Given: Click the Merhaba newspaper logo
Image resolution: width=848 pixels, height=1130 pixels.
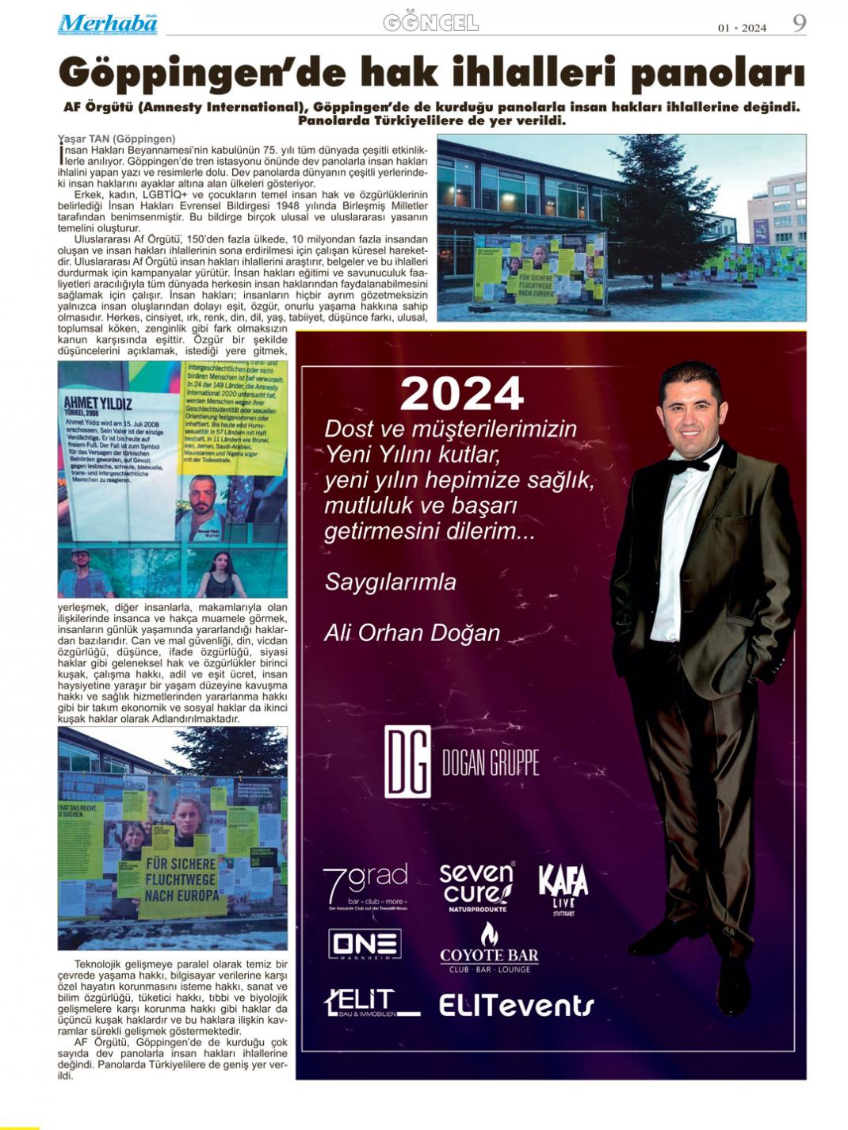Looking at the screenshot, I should (x=107, y=24).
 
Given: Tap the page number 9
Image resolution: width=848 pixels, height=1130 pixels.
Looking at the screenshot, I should (x=800, y=24).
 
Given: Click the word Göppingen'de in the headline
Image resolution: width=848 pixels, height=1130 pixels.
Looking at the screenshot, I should (x=202, y=74).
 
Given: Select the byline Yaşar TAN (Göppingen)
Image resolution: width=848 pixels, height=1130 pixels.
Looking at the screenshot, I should (x=117, y=139).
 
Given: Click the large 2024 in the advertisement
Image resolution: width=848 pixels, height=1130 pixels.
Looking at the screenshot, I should (x=461, y=394).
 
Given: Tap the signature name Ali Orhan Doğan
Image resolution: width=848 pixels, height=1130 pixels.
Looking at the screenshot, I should (x=412, y=633).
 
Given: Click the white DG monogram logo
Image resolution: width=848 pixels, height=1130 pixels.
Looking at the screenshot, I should (x=407, y=761).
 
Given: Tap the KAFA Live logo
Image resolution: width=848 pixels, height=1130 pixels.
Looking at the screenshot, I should (x=563, y=888).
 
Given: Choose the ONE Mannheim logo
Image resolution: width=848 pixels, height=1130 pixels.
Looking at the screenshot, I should (x=365, y=945).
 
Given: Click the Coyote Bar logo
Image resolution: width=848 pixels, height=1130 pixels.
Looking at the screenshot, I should (x=489, y=949).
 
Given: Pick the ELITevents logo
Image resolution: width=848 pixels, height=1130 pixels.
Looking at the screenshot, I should (x=516, y=1005).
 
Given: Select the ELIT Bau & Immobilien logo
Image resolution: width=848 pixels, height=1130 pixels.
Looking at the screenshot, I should (x=371, y=1003).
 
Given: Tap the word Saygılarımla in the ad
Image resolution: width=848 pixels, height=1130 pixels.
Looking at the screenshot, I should (x=390, y=582).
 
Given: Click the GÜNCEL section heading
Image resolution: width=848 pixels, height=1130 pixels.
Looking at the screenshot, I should (x=430, y=24).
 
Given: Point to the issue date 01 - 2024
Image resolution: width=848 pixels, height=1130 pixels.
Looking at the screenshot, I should (x=742, y=28).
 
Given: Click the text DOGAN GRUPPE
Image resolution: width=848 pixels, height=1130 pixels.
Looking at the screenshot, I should (x=490, y=762).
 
